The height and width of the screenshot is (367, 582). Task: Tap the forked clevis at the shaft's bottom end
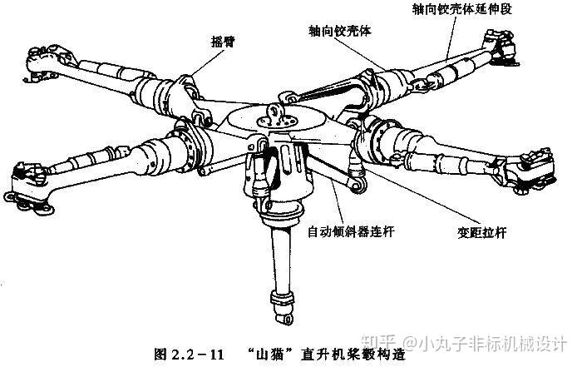coord(280,313)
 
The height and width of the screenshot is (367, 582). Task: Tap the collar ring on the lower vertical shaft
coord(278,297)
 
